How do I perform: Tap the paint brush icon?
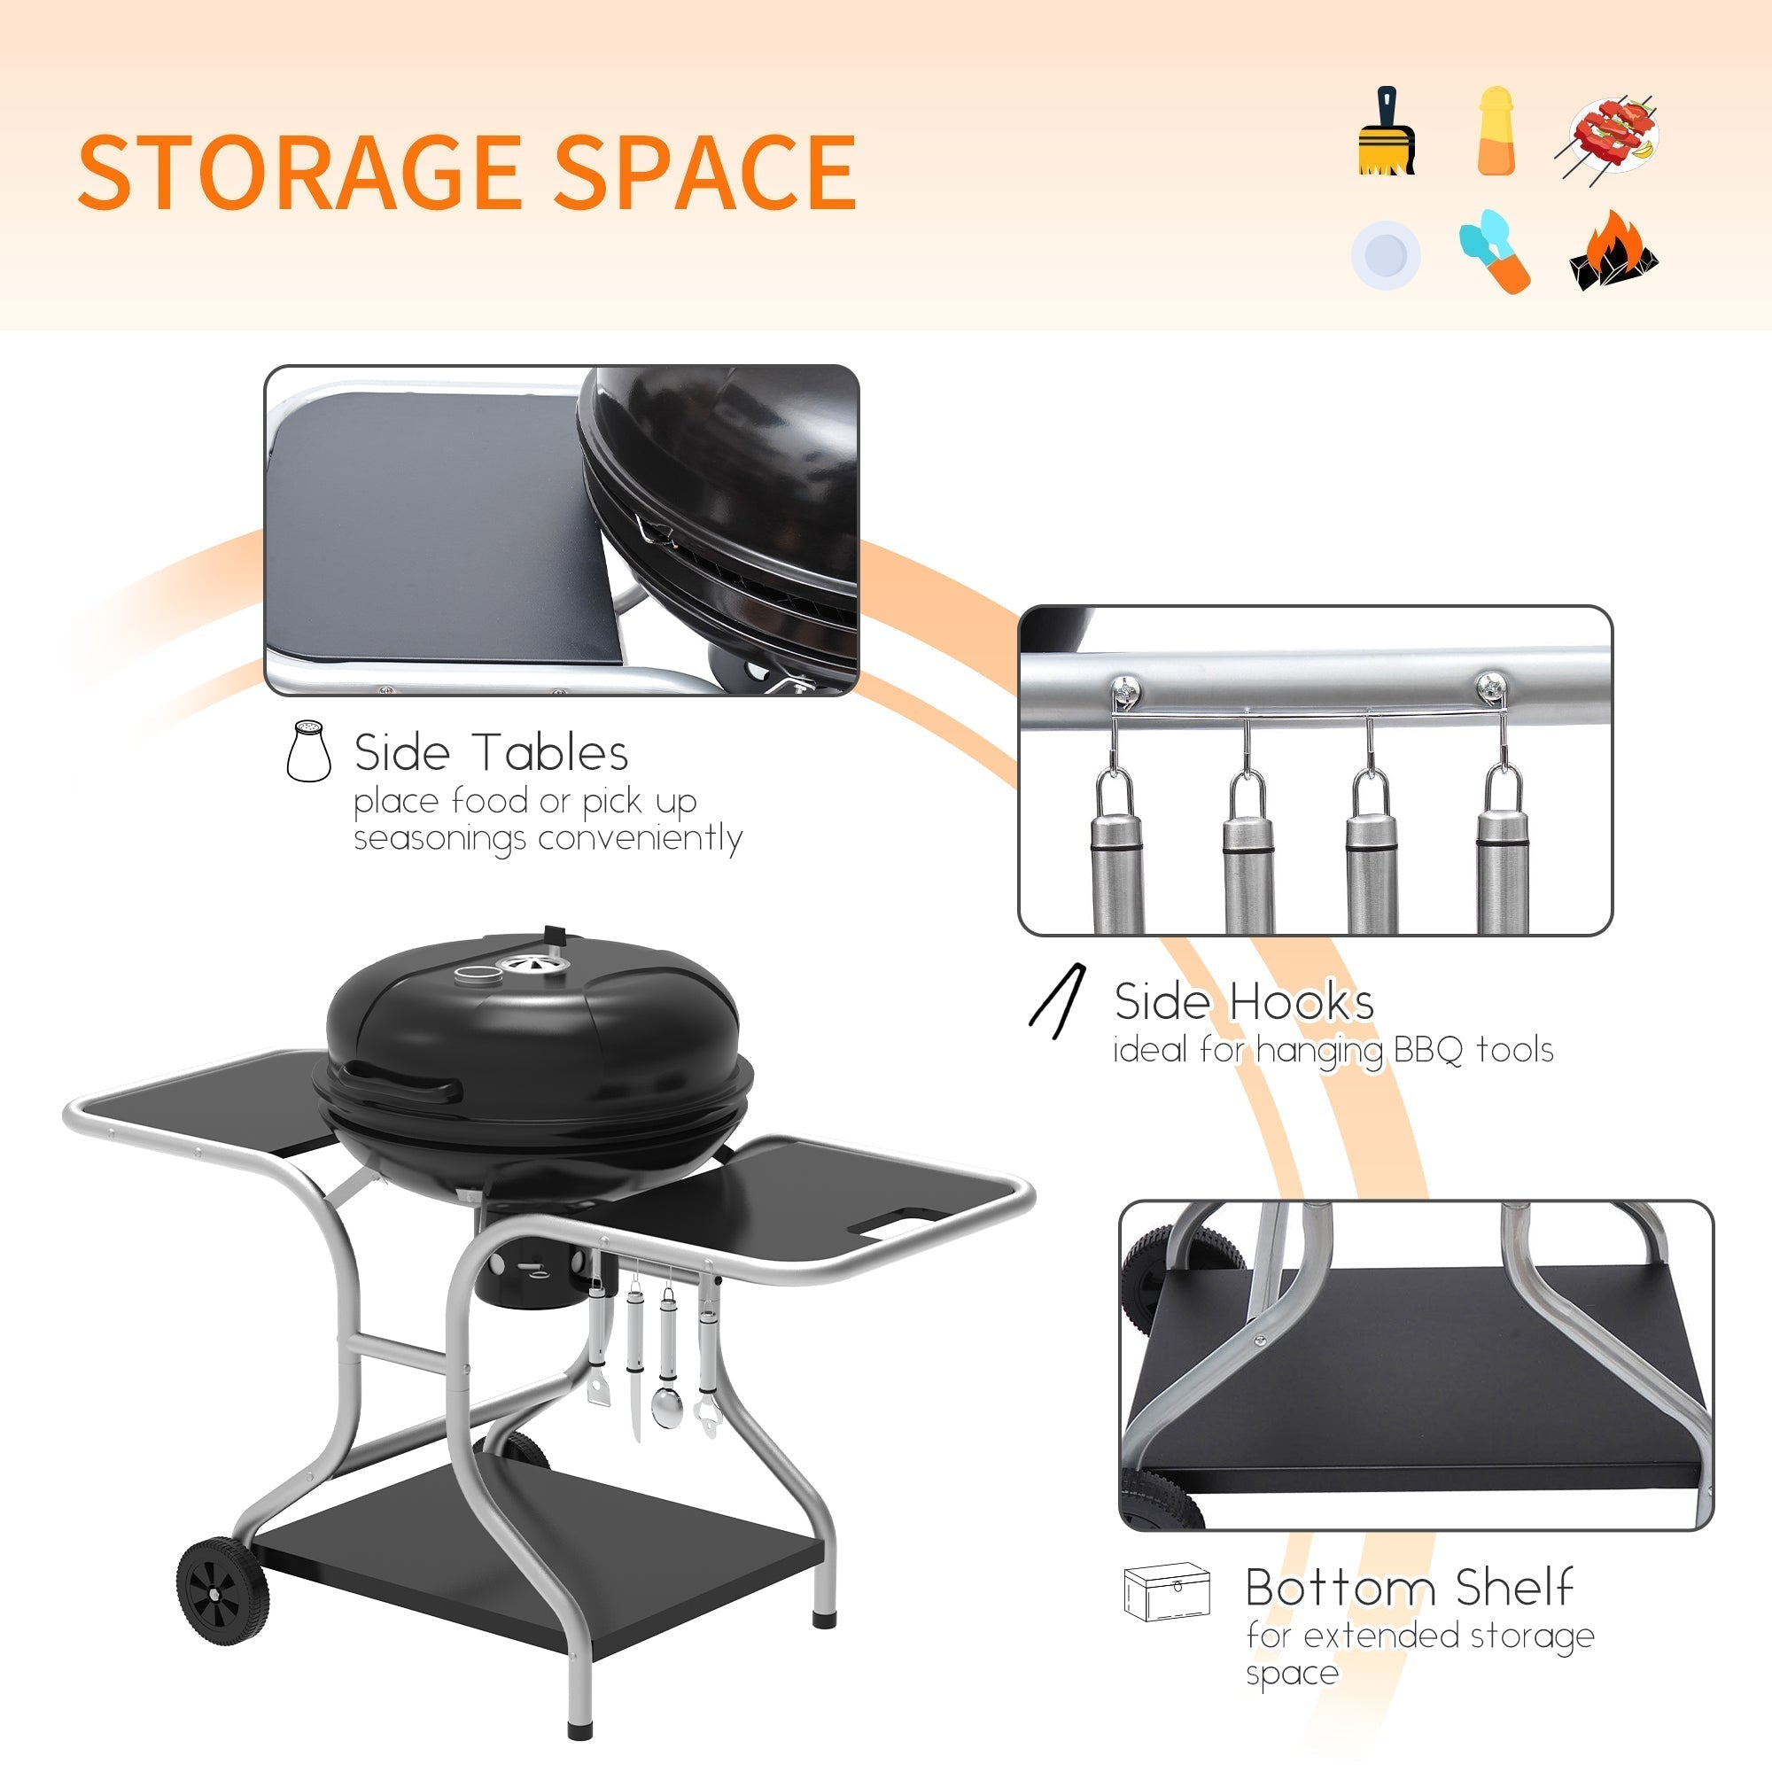point(1386,132)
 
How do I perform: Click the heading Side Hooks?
point(1244,1000)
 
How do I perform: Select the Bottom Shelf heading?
point(1409,1588)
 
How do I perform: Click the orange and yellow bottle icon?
point(1496,131)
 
